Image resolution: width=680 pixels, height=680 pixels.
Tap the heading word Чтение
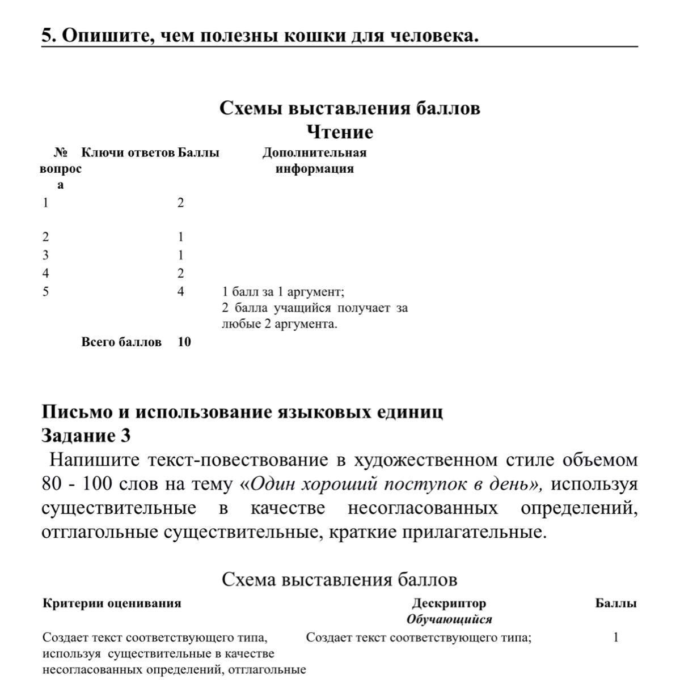point(340,132)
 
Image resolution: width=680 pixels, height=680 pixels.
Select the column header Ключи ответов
point(128,152)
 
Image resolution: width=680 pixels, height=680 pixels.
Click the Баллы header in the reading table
point(198,152)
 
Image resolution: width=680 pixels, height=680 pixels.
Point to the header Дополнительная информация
point(314,160)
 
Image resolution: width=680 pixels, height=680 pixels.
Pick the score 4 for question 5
point(180,292)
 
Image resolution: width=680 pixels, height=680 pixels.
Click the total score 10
point(184,342)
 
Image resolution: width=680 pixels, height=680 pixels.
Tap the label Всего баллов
point(121,342)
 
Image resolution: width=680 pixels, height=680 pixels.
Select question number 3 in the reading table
point(46,255)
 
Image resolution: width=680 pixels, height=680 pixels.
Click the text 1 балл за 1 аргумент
point(283,292)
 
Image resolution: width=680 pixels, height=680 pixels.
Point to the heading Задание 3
point(86,435)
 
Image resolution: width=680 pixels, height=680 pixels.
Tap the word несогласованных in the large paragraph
point(423,508)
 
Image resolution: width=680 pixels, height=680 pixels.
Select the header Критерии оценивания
point(112,603)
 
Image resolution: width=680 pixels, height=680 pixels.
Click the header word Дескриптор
point(449,603)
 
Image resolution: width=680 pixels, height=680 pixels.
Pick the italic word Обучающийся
point(449,619)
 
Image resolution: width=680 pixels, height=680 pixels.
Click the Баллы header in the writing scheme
point(616,603)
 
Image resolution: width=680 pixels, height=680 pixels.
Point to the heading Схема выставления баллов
point(339,579)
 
